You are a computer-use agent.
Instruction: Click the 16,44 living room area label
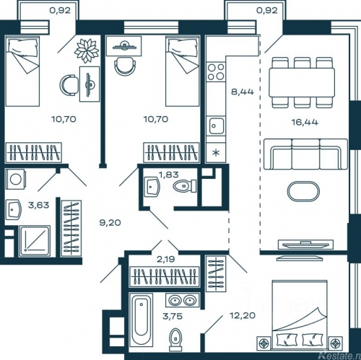305,123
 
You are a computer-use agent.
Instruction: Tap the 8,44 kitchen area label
243,92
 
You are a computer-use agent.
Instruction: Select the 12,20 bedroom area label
243,315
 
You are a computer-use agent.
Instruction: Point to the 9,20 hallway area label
110,223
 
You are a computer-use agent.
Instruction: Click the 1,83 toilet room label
169,175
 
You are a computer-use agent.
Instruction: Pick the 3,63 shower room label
38,205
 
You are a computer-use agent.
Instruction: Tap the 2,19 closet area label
165,259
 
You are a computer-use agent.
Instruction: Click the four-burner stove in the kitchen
216,71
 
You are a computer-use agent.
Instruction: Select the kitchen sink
216,126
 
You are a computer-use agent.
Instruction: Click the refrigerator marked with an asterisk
216,152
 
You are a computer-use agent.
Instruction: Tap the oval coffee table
303,191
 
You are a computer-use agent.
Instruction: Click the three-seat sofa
305,154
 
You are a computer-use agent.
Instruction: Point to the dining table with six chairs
302,82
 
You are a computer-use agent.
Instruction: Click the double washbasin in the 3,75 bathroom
183,301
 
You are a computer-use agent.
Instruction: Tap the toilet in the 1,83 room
185,186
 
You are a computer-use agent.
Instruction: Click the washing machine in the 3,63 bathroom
15,179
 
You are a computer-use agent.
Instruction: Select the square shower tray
35,241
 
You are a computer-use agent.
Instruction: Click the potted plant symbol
87,51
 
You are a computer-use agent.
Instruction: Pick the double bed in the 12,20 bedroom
300,315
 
